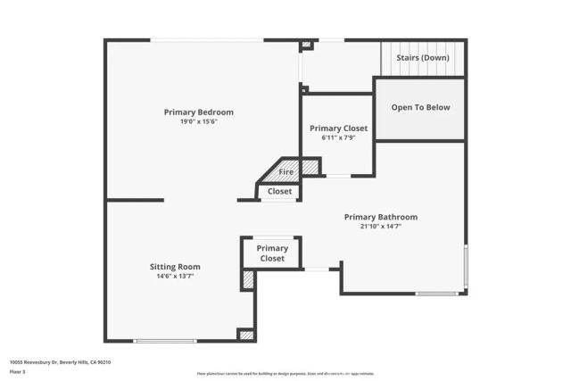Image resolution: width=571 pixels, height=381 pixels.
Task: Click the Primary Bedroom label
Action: [x=198, y=112]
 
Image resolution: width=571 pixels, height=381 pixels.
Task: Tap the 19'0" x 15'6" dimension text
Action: [x=198, y=121]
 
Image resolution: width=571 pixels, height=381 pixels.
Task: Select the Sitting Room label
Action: [x=175, y=266]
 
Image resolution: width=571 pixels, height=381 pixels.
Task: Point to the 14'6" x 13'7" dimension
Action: [x=175, y=276]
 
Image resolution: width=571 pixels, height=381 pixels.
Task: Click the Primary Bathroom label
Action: [x=381, y=217]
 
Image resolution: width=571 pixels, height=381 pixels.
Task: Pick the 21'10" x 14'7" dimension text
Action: [x=381, y=227]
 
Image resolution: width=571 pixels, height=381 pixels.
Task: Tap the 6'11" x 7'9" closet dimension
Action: [x=338, y=137]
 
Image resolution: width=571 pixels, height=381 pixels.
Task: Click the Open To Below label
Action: [x=420, y=108]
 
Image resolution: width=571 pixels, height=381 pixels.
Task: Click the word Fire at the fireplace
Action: [x=286, y=171]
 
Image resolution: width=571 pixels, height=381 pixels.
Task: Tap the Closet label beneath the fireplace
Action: [x=279, y=191]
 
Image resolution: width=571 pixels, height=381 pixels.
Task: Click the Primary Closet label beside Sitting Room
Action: [x=272, y=253]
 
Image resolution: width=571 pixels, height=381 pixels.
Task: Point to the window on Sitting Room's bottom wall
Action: [x=165, y=341]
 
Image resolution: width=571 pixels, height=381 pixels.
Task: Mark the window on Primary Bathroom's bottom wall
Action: [x=437, y=294]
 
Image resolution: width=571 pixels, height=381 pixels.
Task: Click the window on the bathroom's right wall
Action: [x=466, y=267]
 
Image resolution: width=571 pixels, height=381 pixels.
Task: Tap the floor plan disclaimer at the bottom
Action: [x=285, y=374]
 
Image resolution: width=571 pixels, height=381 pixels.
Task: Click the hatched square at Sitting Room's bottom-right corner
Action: [x=246, y=335]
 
